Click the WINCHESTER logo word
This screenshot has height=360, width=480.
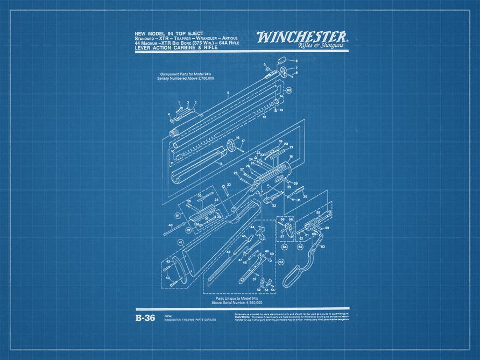(301, 37)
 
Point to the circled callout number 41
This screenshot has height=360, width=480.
(179, 243)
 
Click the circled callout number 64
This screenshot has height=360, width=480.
(285, 247)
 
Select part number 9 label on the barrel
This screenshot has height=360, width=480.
(228, 94)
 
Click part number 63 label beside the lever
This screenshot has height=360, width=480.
(322, 246)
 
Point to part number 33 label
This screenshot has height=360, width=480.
(229, 185)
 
